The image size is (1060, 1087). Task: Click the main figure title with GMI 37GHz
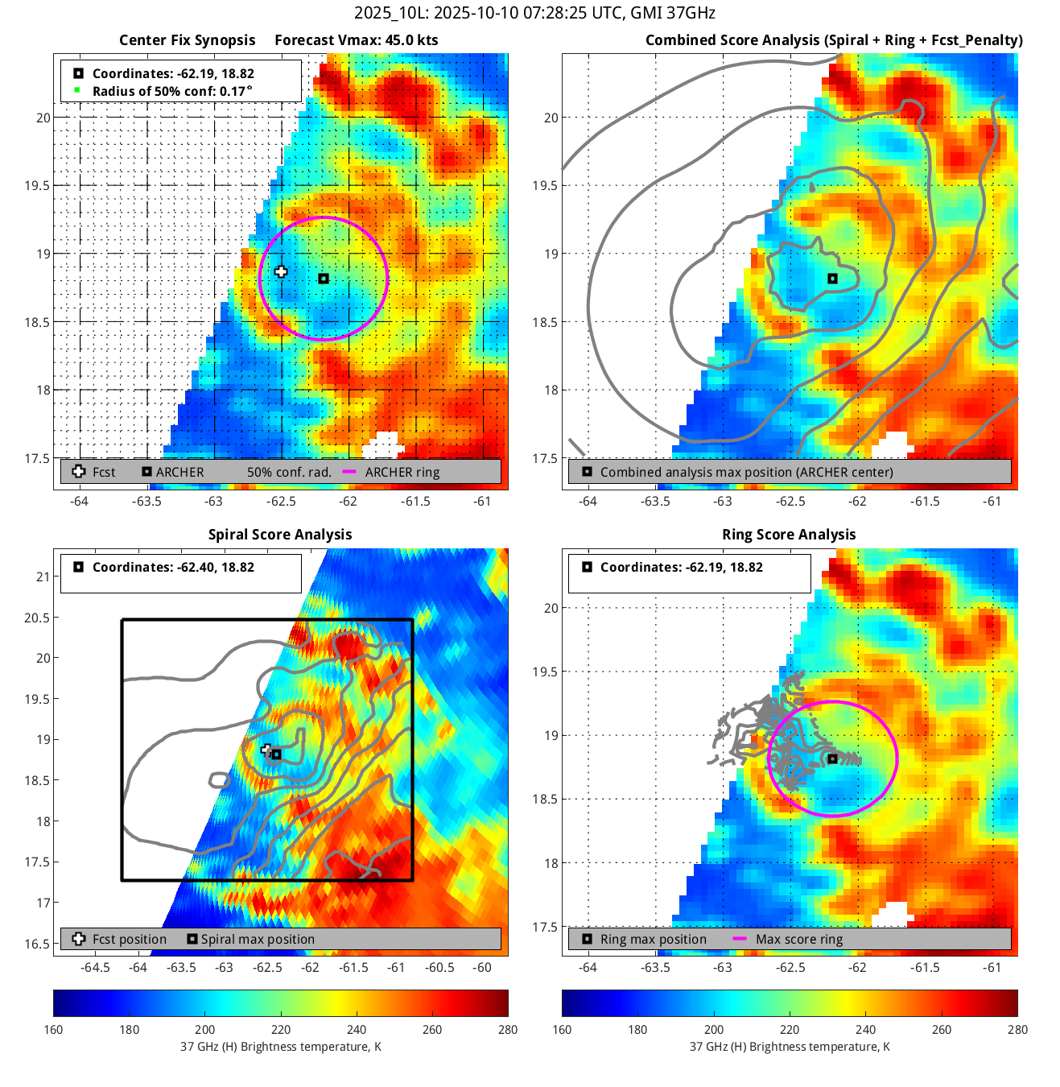pos(534,13)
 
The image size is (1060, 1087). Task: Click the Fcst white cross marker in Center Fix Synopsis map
pos(281,272)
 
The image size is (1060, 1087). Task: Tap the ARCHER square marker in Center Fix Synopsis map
pos(324,279)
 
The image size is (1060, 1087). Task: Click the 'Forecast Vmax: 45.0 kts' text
pos(356,40)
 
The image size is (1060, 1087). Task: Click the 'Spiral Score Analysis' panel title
pos(280,535)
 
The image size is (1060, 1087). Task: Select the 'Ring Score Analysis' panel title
pos(789,535)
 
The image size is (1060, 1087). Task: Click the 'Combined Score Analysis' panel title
pos(834,40)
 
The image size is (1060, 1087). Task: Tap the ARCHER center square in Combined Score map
pos(833,279)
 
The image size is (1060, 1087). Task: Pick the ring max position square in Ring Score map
pos(833,758)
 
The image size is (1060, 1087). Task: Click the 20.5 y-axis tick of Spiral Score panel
pos(37,618)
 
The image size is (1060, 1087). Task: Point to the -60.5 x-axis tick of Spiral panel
pos(439,968)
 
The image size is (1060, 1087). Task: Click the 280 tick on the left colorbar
pos(508,1030)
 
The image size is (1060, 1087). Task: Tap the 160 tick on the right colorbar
pos(563,1030)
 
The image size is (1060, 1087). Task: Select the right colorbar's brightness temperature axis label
pos(790,1047)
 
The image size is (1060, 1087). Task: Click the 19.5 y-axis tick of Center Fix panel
pos(37,186)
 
